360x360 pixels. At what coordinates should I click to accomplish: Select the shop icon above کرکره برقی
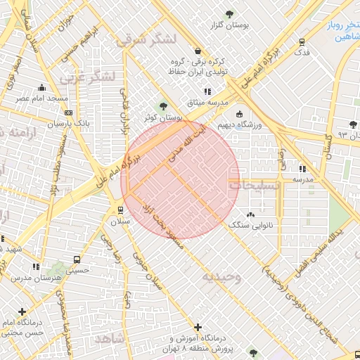(198, 51)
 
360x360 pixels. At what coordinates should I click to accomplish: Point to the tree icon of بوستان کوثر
(163, 106)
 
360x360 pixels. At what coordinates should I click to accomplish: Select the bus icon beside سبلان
(120, 210)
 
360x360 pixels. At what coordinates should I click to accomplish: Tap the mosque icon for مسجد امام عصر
(42, 87)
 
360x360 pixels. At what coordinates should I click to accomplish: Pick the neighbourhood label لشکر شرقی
(141, 40)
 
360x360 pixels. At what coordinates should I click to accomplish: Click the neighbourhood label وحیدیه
(222, 276)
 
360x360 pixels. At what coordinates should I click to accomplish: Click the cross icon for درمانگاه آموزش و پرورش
(199, 327)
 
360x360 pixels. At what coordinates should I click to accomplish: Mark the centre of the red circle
(181, 179)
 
